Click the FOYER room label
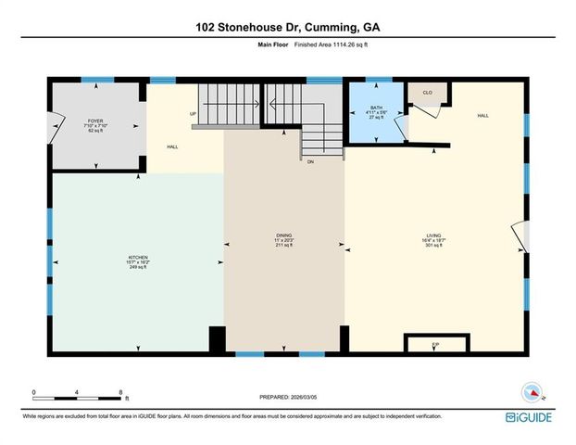(x=95, y=121)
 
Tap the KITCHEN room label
(x=138, y=257)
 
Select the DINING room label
(x=283, y=236)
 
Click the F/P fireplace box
(x=435, y=344)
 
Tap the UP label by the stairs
(x=193, y=114)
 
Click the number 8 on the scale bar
(x=121, y=392)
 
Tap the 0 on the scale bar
(x=34, y=392)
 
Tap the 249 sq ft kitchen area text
(x=138, y=267)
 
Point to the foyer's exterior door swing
(x=57, y=123)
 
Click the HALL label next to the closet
(x=482, y=116)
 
